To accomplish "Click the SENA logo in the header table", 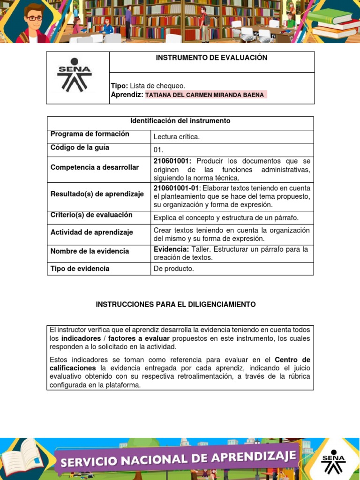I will [x=75, y=75].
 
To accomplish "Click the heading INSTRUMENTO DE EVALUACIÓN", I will [x=211, y=58].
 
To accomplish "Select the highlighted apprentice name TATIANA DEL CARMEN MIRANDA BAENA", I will [x=205, y=95].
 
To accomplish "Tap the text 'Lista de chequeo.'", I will [x=157, y=85].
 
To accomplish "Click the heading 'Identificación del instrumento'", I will [x=180, y=121].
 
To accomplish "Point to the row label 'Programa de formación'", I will [x=90, y=134].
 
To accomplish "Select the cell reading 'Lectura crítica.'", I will [x=177, y=137].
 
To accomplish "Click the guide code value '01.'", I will [x=158, y=150].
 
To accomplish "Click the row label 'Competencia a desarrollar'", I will [x=95, y=167].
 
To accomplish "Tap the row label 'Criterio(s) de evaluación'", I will [x=91, y=215].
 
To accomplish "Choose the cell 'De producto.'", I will [x=173, y=269].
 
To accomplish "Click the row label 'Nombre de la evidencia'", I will [x=90, y=251].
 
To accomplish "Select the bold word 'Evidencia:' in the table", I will [x=171, y=249].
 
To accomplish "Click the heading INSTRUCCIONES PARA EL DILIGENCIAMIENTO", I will [x=176, y=305].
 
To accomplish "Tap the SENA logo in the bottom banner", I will [x=333, y=459].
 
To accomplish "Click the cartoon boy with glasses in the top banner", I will [x=33, y=23].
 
